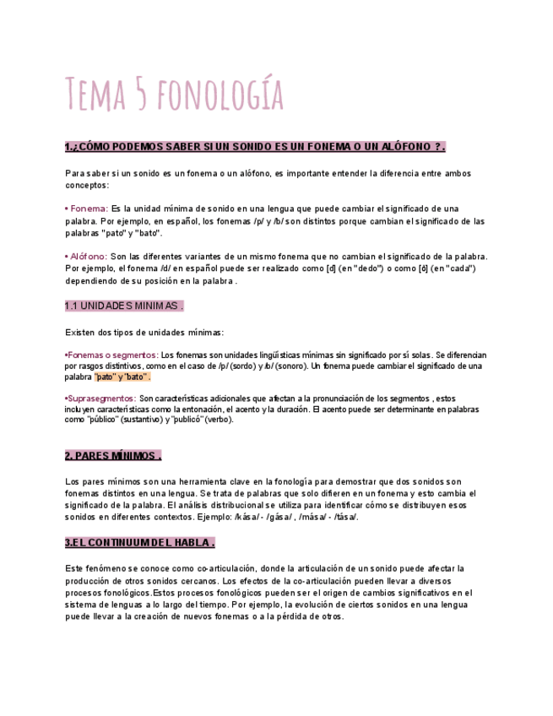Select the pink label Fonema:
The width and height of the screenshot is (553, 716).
coord(88,208)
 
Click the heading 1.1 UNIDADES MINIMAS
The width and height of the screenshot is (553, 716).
coord(124,306)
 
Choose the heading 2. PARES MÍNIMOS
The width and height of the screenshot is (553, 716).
coord(112,456)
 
